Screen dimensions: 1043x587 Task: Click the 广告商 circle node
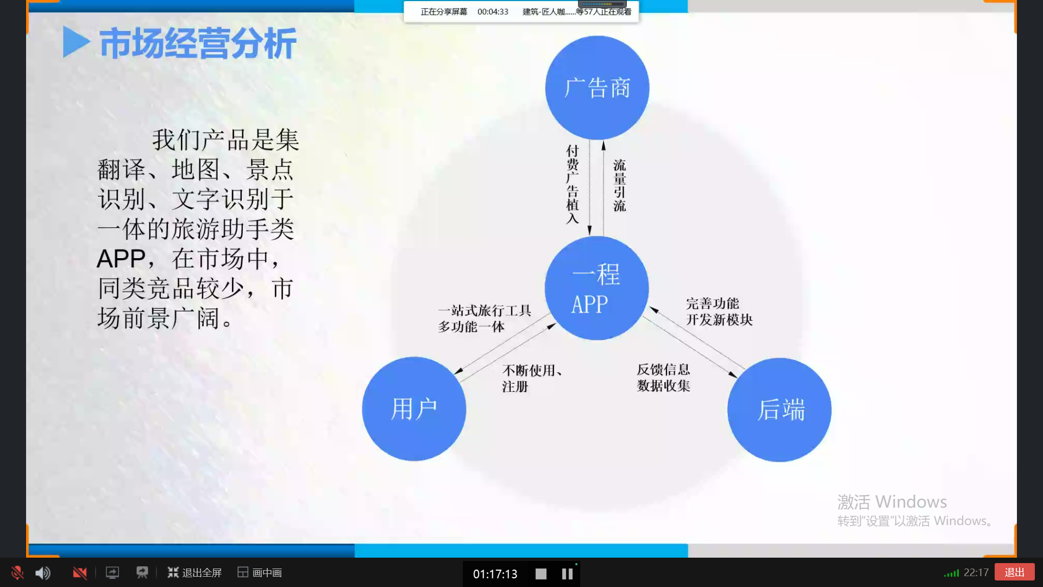pos(597,88)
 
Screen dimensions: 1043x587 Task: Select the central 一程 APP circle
pos(596,288)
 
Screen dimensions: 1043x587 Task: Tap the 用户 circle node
pos(414,409)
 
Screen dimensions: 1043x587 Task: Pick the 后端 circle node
pos(780,410)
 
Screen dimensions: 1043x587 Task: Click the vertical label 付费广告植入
pos(573,184)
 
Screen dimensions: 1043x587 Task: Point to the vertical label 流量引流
pos(620,185)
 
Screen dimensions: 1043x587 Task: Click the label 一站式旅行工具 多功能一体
pos(485,319)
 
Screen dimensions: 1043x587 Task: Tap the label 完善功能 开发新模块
pos(719,311)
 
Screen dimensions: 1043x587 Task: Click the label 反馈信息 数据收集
pos(663,378)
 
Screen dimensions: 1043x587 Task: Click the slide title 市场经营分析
pos(198,43)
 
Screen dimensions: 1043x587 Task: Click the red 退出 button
pos(1014,572)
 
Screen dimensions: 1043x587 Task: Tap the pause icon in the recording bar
pos(567,574)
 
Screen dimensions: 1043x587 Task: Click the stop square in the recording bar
pos(541,574)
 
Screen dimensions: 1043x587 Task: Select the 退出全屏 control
pos(194,573)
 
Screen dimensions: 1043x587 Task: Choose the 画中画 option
pos(260,573)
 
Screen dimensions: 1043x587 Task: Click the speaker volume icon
pos(43,573)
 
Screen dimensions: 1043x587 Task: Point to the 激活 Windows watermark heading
pos(892,502)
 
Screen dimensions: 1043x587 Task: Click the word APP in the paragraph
pos(121,259)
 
